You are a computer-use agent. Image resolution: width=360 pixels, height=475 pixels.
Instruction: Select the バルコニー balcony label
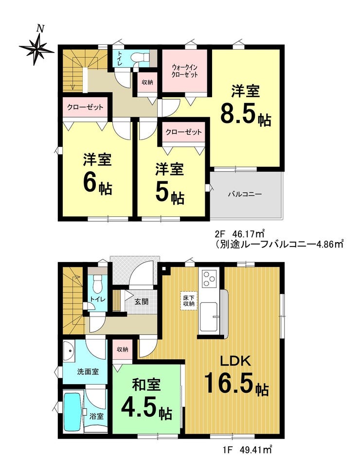pyautogui.click(x=245, y=194)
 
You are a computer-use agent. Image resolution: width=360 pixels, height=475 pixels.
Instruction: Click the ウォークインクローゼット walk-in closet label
pyautogui.click(x=184, y=70)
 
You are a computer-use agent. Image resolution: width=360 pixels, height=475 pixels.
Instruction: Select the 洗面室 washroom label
pyautogui.click(x=88, y=372)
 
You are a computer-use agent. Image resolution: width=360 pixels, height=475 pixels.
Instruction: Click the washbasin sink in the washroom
pyautogui.click(x=70, y=352)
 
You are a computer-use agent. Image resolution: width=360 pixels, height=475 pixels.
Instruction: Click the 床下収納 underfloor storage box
pyautogui.click(x=188, y=300)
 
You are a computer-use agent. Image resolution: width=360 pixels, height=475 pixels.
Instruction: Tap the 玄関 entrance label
pyautogui.click(x=141, y=302)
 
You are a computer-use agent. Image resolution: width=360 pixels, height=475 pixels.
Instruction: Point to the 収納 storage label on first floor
pyautogui.click(x=123, y=349)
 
